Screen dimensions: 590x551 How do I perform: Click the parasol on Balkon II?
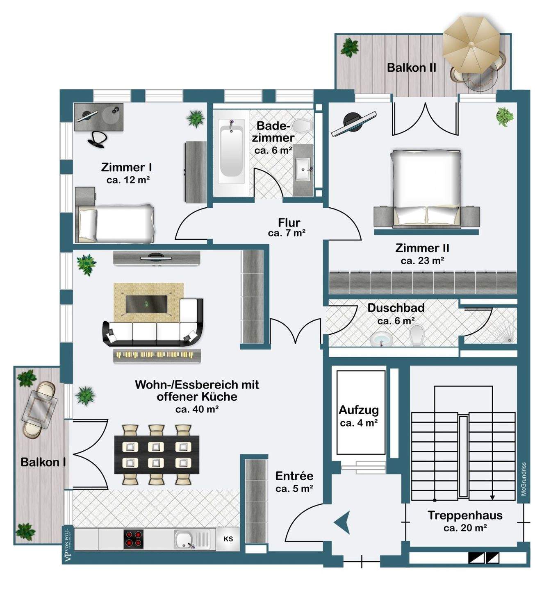click(471, 43)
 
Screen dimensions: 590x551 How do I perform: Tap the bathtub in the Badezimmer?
click(232, 152)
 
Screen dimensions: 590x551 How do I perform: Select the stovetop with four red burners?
click(134, 539)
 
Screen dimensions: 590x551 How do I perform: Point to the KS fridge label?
click(228, 539)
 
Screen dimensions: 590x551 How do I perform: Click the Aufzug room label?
click(359, 410)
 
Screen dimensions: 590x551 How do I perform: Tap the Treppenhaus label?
click(465, 515)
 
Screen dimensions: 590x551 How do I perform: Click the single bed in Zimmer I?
click(116, 224)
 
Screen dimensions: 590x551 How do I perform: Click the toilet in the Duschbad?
click(417, 334)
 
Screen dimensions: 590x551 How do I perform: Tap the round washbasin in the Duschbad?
click(381, 339)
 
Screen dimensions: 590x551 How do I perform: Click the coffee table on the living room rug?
click(147, 304)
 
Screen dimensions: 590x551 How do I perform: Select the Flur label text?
click(289, 223)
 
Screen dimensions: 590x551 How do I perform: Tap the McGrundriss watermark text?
click(524, 479)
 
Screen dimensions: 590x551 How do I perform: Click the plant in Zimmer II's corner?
click(504, 116)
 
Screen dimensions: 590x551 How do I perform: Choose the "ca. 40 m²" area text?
click(197, 409)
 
